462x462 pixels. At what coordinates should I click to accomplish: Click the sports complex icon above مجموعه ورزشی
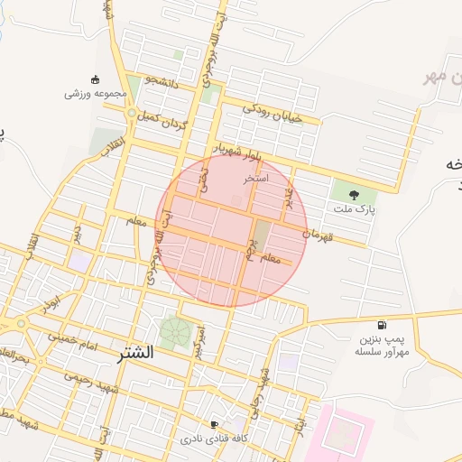96,79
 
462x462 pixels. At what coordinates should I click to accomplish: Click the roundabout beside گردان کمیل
132,114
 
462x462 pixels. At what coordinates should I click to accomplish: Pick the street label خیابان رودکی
269,113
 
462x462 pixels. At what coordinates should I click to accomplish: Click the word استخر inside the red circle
256,179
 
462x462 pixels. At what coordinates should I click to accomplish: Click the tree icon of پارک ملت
353,194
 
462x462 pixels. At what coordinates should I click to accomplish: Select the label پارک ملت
353,209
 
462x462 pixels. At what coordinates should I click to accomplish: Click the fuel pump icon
383,325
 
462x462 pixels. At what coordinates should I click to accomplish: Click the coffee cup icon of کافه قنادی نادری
214,424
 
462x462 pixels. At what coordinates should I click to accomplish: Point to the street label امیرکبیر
200,340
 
